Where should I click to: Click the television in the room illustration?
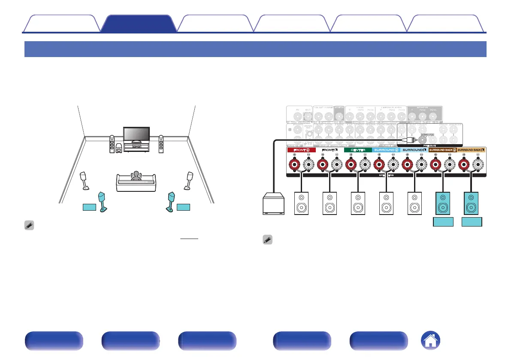click(136, 135)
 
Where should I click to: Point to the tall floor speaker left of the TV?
click(112, 145)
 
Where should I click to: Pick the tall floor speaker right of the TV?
click(161, 145)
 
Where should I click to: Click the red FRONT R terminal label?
click(299, 151)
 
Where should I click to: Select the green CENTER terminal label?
click(357, 151)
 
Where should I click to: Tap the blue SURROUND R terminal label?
click(386, 151)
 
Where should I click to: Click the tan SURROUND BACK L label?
click(472, 151)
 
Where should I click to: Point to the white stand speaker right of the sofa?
click(188, 180)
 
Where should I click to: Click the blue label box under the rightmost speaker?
click(472, 222)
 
